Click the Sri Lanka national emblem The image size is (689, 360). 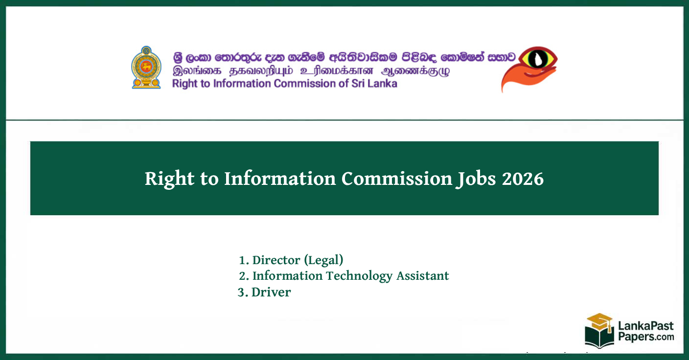coord(146,67)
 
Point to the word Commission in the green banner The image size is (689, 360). coord(397,179)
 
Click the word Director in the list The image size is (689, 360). coord(276,260)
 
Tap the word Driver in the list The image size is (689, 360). coord(271,292)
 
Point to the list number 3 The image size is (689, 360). coord(241,292)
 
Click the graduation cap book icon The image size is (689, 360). coord(599,330)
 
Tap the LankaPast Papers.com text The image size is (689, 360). coord(645,331)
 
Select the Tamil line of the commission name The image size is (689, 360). coord(311,70)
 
